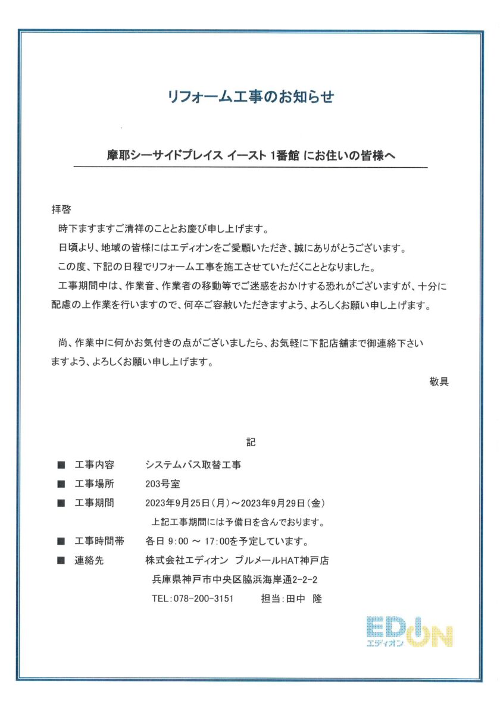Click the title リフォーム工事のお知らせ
pyautogui.click(x=249, y=97)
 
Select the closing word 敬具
pyautogui.click(x=439, y=381)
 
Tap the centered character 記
pyautogui.click(x=250, y=442)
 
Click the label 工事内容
pyautogui.click(x=95, y=464)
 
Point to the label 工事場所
pyautogui.click(x=95, y=484)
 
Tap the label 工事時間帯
pyautogui.click(x=99, y=541)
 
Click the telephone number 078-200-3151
pyautogui.click(x=201, y=598)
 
